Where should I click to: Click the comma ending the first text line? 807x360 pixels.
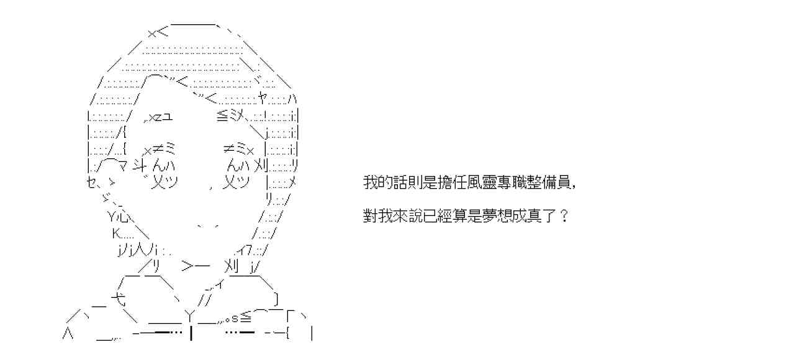579,186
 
